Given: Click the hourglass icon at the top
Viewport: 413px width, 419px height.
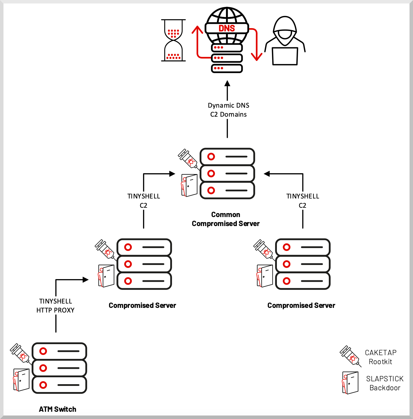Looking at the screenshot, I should (173, 40).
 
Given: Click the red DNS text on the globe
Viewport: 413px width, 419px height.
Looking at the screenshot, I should (227, 28).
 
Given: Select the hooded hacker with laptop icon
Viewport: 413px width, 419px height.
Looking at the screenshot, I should (285, 41).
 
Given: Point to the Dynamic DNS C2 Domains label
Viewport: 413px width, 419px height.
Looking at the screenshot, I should (228, 110).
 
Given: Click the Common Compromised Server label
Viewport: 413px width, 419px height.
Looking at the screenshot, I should (226, 219).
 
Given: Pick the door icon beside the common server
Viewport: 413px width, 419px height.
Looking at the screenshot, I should (189, 185).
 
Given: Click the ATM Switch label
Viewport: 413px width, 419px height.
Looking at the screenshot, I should (57, 409).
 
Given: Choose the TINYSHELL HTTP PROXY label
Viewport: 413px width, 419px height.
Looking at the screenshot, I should (55, 306).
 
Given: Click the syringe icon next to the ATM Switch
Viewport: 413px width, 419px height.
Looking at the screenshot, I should (20, 353).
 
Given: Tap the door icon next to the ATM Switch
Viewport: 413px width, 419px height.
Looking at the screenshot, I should (21, 380).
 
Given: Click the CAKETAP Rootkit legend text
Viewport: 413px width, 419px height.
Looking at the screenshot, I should (380, 357).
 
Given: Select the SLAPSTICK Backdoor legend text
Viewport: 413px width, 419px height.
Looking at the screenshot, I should (385, 383).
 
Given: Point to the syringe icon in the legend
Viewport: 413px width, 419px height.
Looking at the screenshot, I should (350, 355).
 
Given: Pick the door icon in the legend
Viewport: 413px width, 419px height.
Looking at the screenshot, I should (350, 383).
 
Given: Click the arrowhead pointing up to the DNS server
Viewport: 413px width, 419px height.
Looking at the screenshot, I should (227, 84).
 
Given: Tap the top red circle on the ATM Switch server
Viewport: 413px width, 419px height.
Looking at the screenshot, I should (43, 351).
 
